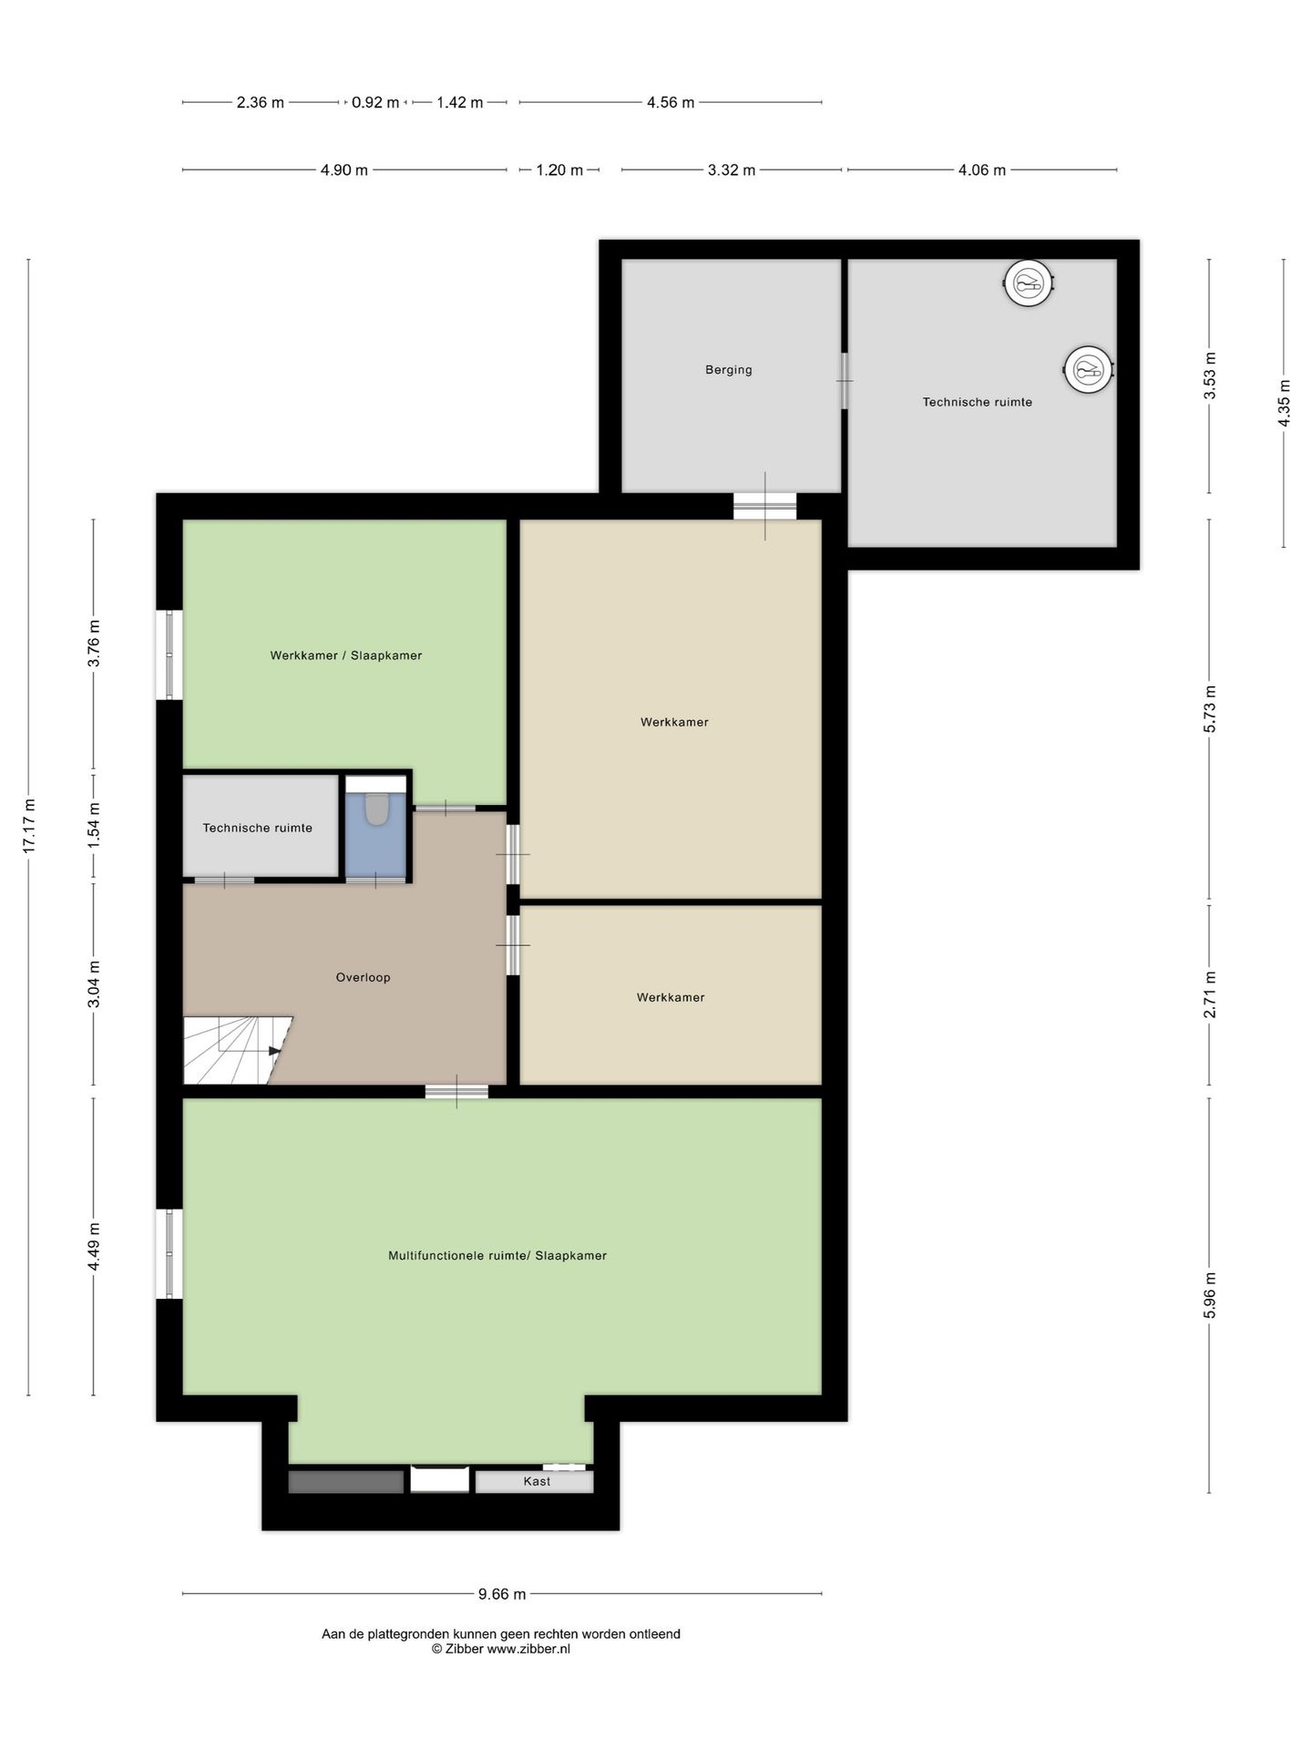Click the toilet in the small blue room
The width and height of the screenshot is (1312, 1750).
(376, 808)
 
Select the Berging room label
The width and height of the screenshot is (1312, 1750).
(729, 370)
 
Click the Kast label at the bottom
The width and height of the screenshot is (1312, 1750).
(537, 1481)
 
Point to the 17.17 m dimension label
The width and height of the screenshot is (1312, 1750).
(29, 826)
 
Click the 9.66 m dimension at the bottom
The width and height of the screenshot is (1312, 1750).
(502, 1594)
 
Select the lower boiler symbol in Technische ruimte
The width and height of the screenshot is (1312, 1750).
(1089, 370)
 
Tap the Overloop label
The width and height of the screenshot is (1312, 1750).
(363, 977)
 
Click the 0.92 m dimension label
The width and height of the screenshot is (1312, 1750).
(375, 103)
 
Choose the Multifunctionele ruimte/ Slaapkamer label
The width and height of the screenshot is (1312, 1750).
(497, 1255)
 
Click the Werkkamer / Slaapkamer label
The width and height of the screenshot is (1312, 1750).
(346, 655)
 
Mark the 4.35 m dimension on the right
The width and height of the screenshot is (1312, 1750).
(1284, 402)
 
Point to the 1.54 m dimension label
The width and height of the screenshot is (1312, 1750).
(94, 826)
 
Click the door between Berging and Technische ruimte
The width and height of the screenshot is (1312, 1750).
(845, 381)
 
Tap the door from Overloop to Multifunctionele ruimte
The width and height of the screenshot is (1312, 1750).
(456, 1091)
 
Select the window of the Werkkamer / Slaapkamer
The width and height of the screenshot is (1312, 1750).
(169, 654)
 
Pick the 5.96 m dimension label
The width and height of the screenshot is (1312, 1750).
(1210, 1294)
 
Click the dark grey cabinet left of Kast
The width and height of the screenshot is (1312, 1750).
(346, 1482)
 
